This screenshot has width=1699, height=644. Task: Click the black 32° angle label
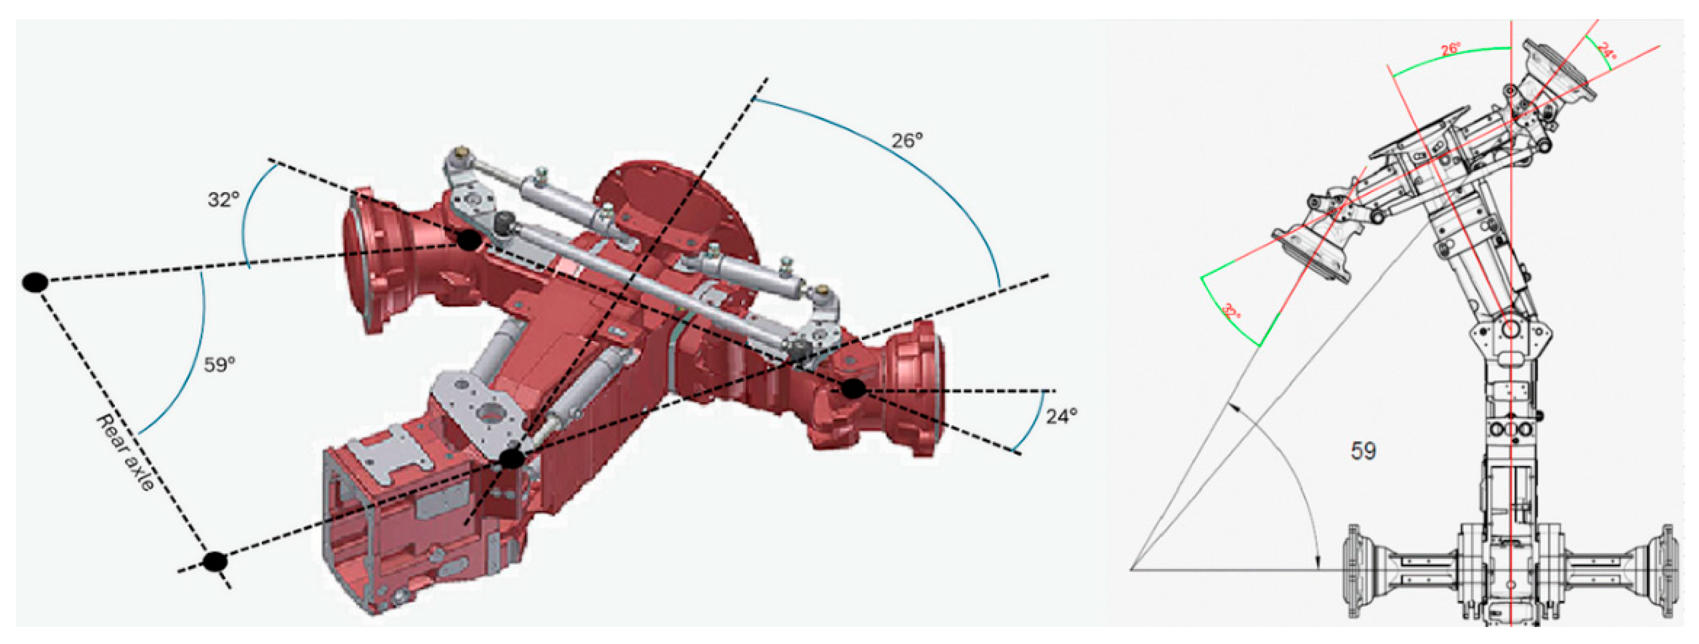click(x=223, y=199)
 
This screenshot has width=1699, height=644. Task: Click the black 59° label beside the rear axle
click(x=219, y=364)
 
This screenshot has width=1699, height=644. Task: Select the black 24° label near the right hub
click(x=1061, y=416)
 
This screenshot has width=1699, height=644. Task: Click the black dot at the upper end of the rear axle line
click(x=35, y=282)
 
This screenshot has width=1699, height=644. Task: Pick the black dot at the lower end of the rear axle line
click(x=214, y=562)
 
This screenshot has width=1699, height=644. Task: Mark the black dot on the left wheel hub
click(x=468, y=240)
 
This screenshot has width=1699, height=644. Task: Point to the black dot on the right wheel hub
click(x=853, y=388)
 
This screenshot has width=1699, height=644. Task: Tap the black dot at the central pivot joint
click(x=512, y=458)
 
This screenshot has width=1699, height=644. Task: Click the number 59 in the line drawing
click(x=1363, y=451)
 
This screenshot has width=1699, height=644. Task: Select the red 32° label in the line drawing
click(x=1231, y=311)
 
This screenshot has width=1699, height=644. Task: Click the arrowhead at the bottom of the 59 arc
click(x=1318, y=561)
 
